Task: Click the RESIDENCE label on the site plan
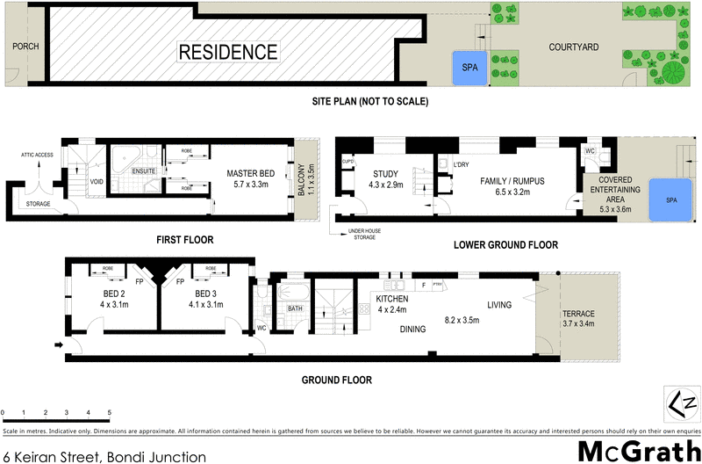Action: [228, 52]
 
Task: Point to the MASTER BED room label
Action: [250, 174]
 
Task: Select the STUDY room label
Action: [386, 172]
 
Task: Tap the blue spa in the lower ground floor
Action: [671, 200]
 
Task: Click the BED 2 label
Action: [110, 294]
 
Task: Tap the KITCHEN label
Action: [392, 298]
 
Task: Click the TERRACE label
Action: [579, 314]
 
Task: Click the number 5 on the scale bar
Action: [109, 411]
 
